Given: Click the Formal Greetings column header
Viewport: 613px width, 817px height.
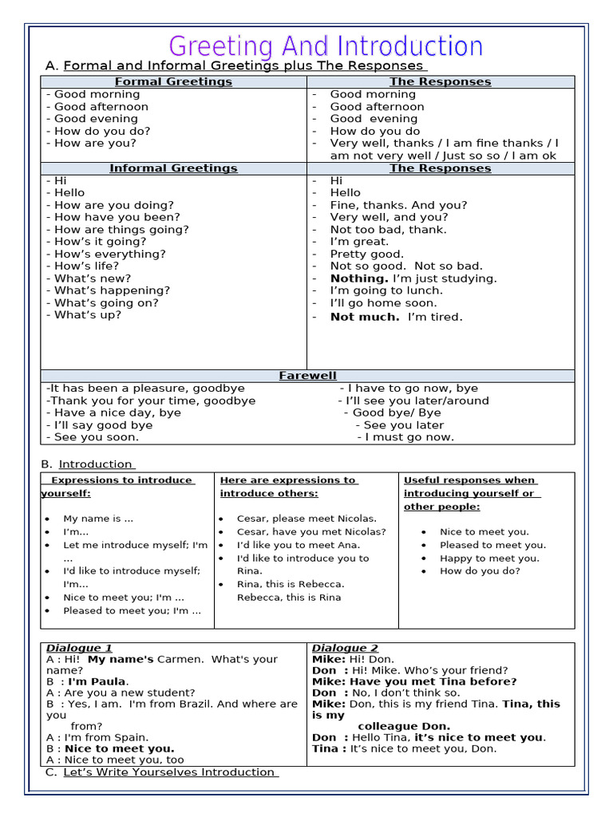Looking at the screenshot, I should (173, 81).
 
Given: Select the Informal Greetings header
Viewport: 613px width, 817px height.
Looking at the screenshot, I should (173, 168).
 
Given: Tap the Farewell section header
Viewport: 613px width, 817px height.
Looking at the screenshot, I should (307, 376).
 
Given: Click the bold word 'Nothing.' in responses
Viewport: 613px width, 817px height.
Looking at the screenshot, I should (359, 278).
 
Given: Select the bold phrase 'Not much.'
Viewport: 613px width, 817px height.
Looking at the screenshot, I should (365, 317).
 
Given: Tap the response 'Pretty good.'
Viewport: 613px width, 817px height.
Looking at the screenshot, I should (367, 254).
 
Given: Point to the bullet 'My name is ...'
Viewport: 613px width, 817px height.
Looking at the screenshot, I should (98, 519).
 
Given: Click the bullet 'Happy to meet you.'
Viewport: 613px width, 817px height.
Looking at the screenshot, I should (489, 558).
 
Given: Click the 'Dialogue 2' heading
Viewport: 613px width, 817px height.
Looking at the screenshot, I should (345, 648).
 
